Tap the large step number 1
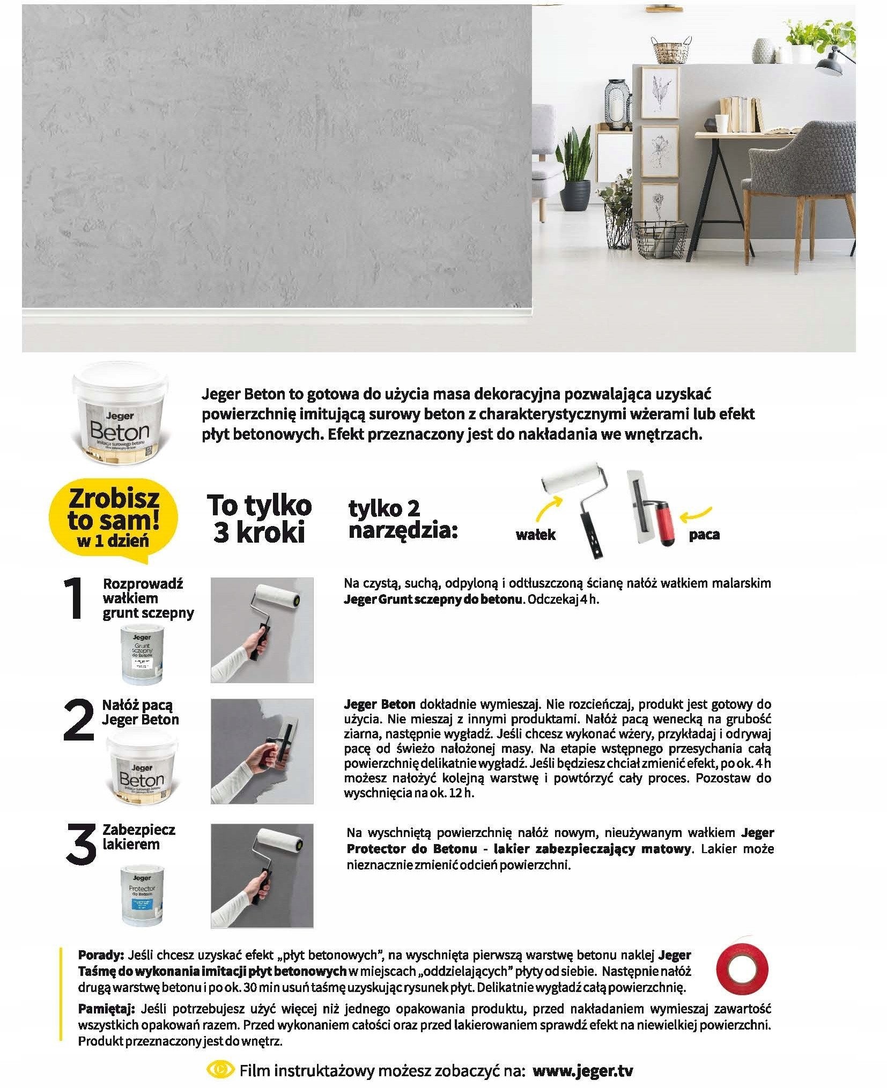[x=75, y=599]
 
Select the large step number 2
[x=78, y=720]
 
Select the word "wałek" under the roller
[x=535, y=535]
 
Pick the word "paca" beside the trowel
[x=704, y=535]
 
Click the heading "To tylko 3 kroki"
[x=259, y=519]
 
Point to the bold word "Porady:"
[x=101, y=955]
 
